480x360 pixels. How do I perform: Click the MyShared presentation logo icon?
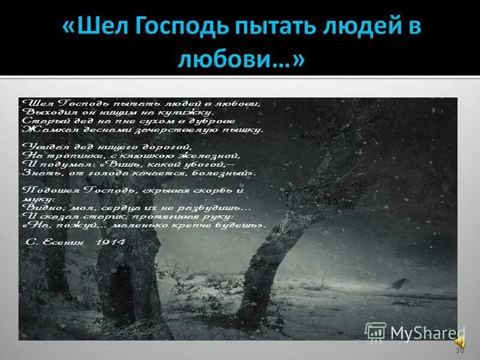(x=376, y=332)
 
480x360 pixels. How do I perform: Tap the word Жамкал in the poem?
(x=43, y=129)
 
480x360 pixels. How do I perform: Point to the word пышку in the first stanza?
(x=244, y=129)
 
